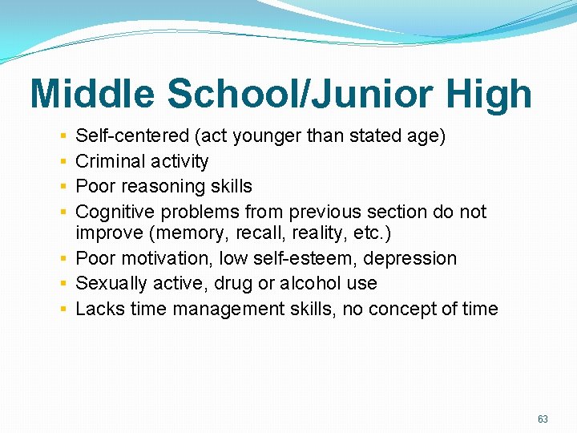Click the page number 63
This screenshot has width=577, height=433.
coord(543,419)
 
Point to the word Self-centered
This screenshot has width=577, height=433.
coord(129,136)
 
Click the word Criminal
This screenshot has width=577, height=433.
coord(108,161)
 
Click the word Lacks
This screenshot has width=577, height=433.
coord(96,309)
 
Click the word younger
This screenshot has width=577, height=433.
coord(265,136)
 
